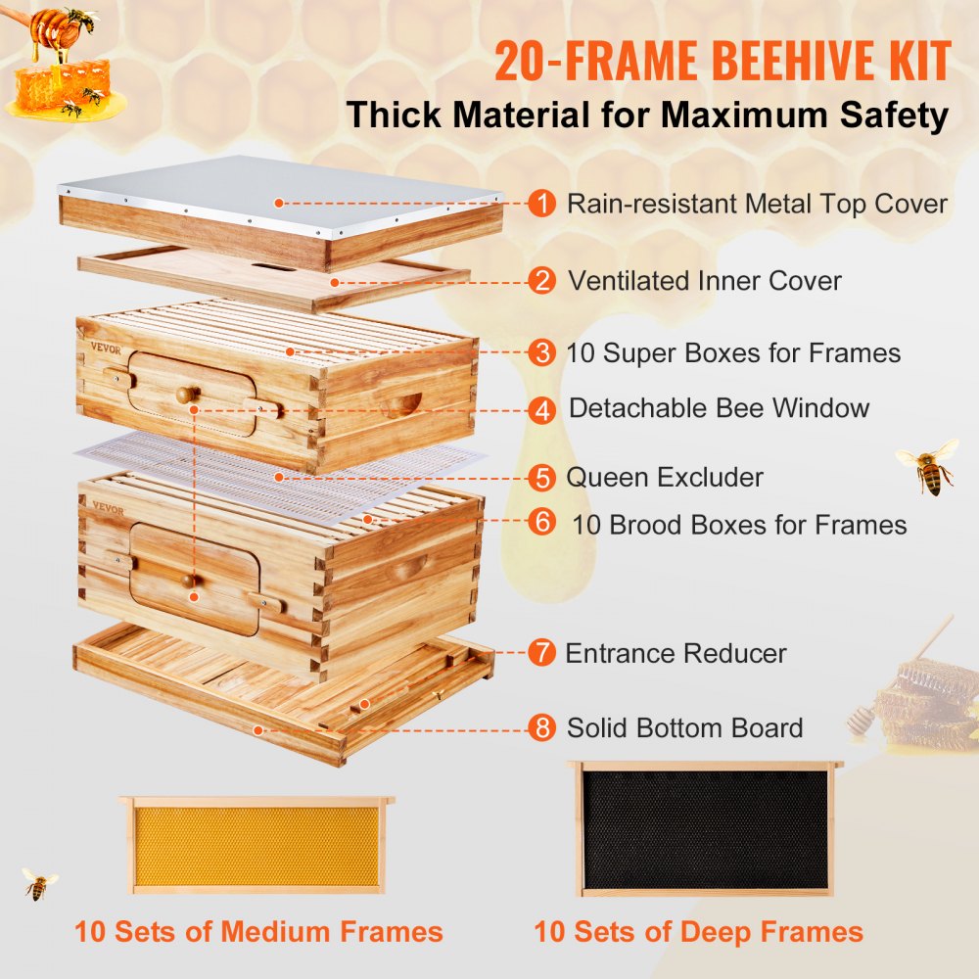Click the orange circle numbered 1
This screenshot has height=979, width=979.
[x=540, y=204]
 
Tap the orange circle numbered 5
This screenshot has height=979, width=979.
[x=540, y=478]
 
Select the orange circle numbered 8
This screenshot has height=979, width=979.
[x=541, y=728]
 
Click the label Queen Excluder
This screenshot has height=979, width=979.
[x=665, y=478]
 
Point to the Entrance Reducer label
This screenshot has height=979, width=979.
[x=676, y=653]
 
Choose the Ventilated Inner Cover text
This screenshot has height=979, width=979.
[x=705, y=281]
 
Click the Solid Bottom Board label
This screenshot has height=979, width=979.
[x=684, y=728]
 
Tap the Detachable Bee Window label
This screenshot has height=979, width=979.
[x=719, y=408]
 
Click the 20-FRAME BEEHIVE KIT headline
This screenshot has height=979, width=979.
[x=722, y=62]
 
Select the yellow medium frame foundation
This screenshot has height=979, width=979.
[x=256, y=846]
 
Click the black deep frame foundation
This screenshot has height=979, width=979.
[x=705, y=830]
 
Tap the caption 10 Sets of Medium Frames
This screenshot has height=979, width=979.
[x=259, y=931]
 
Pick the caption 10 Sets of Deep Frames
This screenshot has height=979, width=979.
[x=698, y=931]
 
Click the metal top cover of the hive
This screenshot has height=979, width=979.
[x=284, y=196]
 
